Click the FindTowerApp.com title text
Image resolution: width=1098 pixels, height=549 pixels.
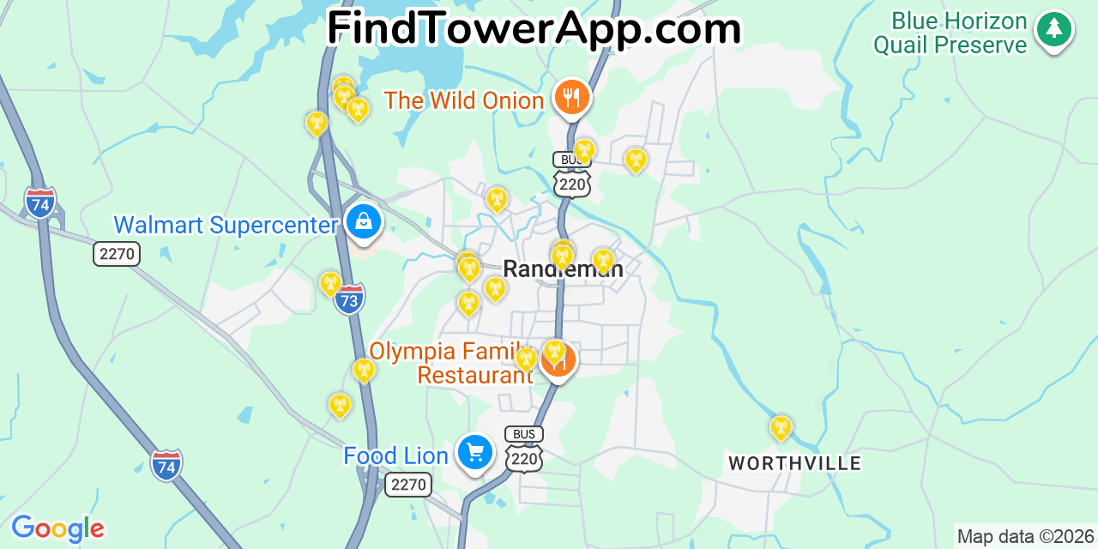pyautogui.click(x=534, y=28)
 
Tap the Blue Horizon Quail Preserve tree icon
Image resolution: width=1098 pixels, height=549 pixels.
pyautogui.click(x=1054, y=30)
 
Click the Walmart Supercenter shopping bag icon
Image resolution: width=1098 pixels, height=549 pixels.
pyautogui.click(x=364, y=222)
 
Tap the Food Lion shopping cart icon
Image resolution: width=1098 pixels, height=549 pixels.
pyautogui.click(x=474, y=452)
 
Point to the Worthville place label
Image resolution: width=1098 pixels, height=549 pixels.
pyautogui.click(x=794, y=464)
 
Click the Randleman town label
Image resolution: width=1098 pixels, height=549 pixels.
pyautogui.click(x=563, y=268)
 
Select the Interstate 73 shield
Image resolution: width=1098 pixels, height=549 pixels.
pyautogui.click(x=349, y=299)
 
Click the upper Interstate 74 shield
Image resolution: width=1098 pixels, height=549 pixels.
pyautogui.click(x=40, y=202)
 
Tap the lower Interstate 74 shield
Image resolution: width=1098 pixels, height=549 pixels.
pyautogui.click(x=166, y=465)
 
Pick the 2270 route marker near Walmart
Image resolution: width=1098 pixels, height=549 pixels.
pyautogui.click(x=117, y=254)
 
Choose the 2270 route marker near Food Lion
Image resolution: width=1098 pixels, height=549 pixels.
pyautogui.click(x=407, y=485)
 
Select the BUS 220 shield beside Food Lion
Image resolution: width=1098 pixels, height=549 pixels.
pyautogui.click(x=523, y=449)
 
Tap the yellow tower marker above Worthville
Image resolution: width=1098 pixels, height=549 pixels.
pyautogui.click(x=780, y=427)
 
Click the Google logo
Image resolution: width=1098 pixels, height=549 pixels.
pyautogui.click(x=57, y=529)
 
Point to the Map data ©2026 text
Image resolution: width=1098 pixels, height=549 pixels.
pyautogui.click(x=1025, y=537)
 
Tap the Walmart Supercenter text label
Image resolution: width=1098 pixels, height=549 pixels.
pyautogui.click(x=226, y=226)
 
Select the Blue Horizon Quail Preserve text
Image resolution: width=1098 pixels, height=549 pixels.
pyautogui.click(x=950, y=33)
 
